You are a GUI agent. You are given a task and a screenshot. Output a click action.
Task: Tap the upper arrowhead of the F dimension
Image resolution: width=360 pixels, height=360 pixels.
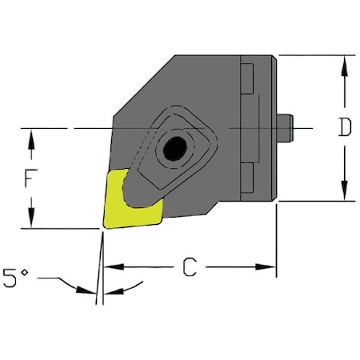32,136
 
